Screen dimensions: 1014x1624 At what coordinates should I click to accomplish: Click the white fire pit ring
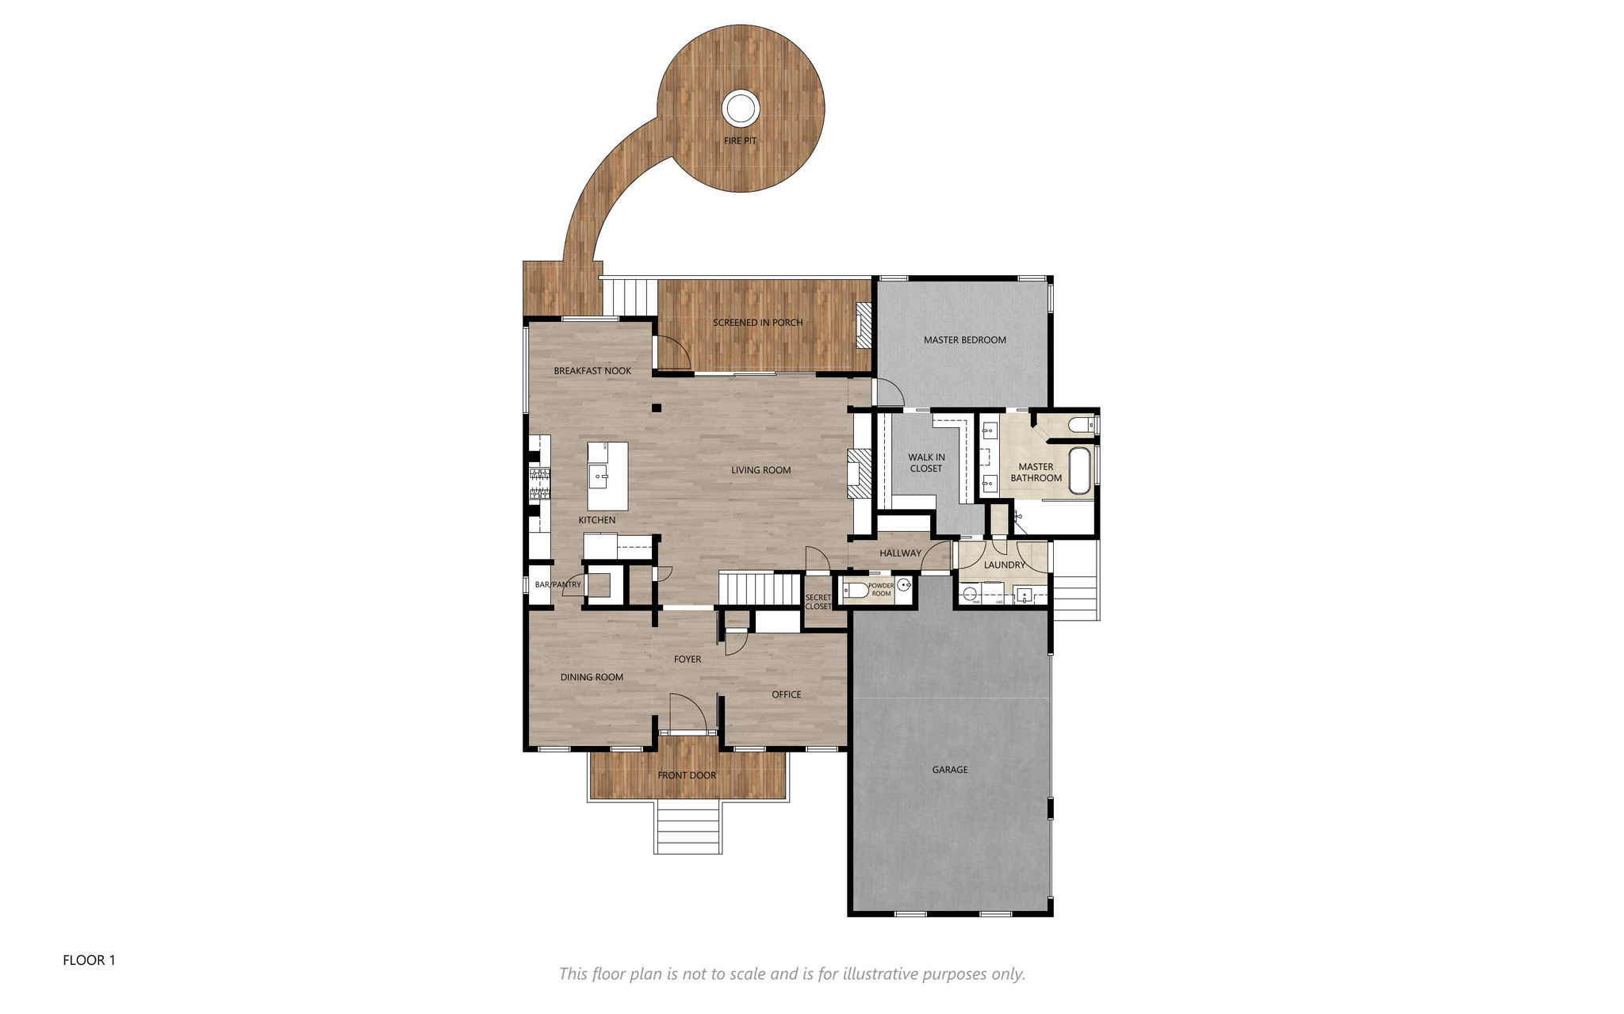tap(741, 107)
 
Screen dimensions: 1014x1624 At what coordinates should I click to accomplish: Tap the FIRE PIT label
tap(740, 141)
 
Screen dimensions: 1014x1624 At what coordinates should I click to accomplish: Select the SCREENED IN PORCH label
tap(757, 323)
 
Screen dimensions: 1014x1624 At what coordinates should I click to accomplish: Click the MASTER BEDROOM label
tap(964, 340)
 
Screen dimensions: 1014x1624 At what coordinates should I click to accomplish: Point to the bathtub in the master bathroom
tap(1080, 471)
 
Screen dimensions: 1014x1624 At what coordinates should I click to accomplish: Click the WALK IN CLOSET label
tap(926, 463)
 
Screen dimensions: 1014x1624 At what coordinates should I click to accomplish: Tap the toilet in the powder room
tap(856, 590)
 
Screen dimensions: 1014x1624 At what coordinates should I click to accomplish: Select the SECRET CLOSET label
tap(818, 602)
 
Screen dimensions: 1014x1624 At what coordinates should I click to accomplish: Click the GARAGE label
tap(949, 770)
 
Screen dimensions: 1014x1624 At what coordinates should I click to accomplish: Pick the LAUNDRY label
tap(1004, 565)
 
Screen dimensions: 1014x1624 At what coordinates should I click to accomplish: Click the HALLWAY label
tap(900, 553)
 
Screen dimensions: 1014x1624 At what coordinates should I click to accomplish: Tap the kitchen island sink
tap(598, 476)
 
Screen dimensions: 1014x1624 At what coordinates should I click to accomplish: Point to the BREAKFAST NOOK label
tap(592, 371)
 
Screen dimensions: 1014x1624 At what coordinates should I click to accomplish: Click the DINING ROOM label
tap(592, 677)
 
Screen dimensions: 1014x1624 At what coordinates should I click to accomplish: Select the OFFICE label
tap(786, 694)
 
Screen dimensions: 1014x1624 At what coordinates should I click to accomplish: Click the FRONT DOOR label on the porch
tap(687, 775)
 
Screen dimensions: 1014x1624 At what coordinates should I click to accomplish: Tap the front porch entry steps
tap(688, 827)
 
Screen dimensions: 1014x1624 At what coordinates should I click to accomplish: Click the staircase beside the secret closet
tap(761, 589)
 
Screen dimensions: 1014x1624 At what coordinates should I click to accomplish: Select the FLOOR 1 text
tap(89, 960)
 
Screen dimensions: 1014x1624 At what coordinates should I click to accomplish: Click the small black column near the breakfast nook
tap(657, 408)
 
